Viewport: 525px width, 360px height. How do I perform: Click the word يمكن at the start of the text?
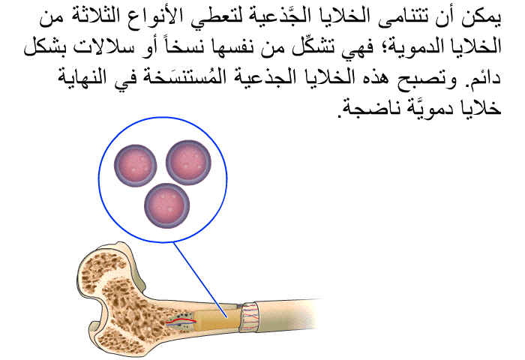(x=481, y=17)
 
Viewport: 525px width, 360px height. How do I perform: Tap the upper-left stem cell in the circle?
(x=135, y=165)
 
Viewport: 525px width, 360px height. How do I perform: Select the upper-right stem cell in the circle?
(x=188, y=163)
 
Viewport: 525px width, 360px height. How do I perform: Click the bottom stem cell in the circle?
(x=166, y=205)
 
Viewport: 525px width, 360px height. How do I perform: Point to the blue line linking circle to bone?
(x=200, y=279)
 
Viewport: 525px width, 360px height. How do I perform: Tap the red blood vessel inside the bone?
(x=181, y=322)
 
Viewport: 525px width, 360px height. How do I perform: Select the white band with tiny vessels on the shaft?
(x=250, y=317)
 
